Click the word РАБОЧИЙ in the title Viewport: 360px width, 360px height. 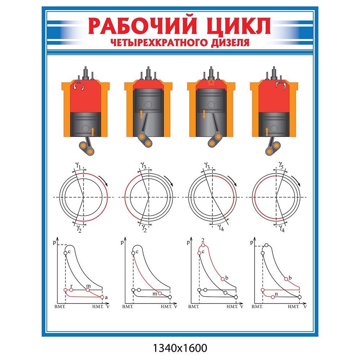coord(143,26)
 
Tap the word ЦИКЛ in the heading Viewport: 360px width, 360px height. coord(237,26)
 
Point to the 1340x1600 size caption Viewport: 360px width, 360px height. coord(180,348)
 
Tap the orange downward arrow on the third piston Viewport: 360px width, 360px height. coord(204,114)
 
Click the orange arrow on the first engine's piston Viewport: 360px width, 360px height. coord(93,131)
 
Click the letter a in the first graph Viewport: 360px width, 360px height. coord(106,297)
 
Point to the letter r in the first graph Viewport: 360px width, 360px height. coord(72,285)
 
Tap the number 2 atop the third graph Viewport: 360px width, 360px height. coord(203,240)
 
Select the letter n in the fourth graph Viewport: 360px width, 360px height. coord(276,294)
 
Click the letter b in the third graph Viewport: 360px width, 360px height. coord(227,277)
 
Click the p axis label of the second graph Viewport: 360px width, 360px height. coord(122,243)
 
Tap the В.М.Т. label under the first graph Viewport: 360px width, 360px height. coord(59,307)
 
